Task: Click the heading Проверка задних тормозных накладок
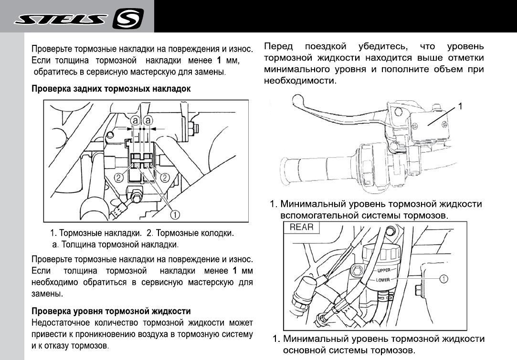click(111, 89)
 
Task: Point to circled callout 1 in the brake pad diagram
click(175, 215)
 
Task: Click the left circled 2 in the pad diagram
click(119, 178)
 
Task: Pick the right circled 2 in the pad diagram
click(164, 178)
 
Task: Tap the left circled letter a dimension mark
click(136, 120)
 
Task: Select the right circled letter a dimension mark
click(148, 120)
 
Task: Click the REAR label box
click(302, 227)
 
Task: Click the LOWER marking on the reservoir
click(384, 279)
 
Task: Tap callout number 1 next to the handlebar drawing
click(460, 106)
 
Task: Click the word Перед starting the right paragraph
click(279, 47)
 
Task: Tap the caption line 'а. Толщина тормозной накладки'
click(115, 245)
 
